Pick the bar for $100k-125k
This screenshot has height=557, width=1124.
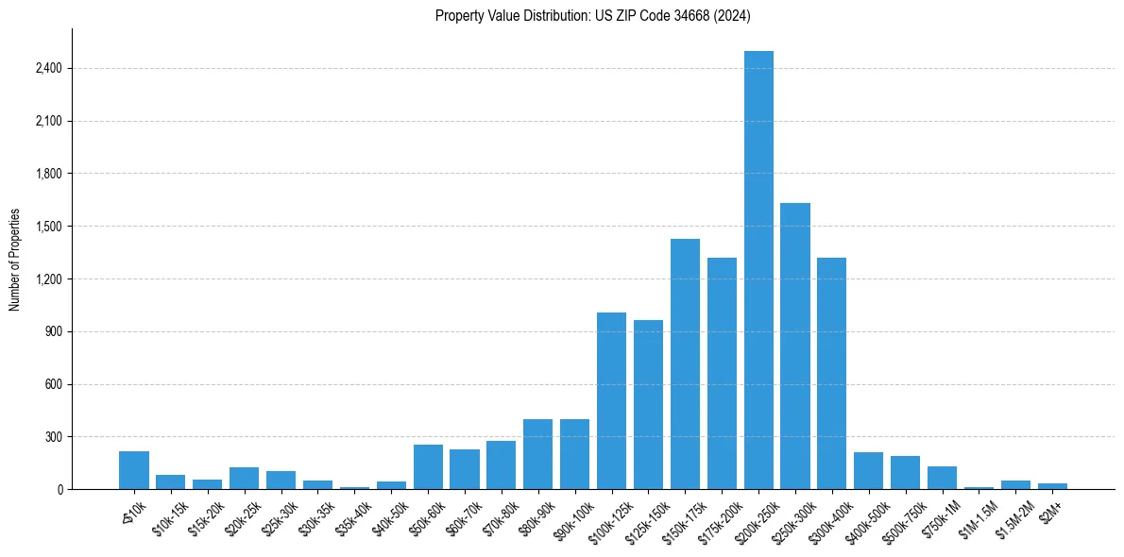coord(611,400)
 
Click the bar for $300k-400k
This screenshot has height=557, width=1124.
coord(832,373)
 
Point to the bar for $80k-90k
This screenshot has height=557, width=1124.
coord(537,454)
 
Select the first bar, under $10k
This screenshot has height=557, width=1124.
coord(134,470)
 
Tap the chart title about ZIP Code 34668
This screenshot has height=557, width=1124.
coord(593,15)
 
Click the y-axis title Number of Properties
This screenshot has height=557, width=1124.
coord(15,260)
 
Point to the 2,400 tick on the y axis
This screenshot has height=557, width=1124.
coord(46,69)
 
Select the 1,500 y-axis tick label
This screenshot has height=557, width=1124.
coord(46,227)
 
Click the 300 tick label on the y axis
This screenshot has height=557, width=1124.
coord(51,437)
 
